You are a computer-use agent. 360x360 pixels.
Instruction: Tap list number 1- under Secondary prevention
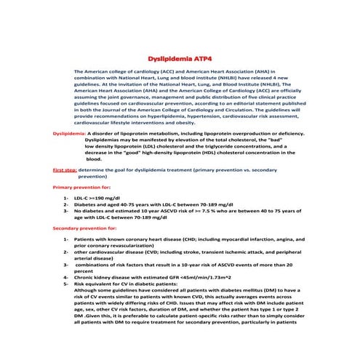[66, 239]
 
